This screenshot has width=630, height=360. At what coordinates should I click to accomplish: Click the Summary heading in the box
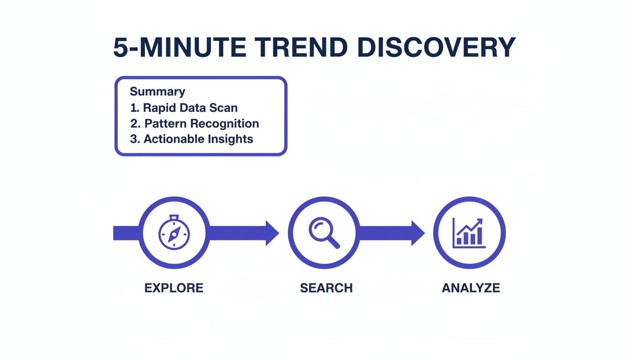click(x=157, y=91)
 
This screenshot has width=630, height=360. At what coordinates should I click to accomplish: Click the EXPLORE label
click(x=174, y=288)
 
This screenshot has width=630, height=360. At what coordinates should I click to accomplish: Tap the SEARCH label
click(x=326, y=288)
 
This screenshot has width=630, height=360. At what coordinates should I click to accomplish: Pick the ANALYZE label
click(x=471, y=288)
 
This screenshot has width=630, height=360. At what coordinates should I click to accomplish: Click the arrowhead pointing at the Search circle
click(x=272, y=233)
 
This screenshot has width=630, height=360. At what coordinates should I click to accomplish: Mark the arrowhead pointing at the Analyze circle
click(x=418, y=233)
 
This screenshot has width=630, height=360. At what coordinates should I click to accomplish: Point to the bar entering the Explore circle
click(x=126, y=233)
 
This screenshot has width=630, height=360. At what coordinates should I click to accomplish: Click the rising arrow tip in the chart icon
click(x=480, y=221)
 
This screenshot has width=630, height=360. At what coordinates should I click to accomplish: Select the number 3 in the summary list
click(x=133, y=139)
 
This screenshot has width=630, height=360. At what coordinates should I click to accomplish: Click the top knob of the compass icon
click(x=174, y=217)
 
